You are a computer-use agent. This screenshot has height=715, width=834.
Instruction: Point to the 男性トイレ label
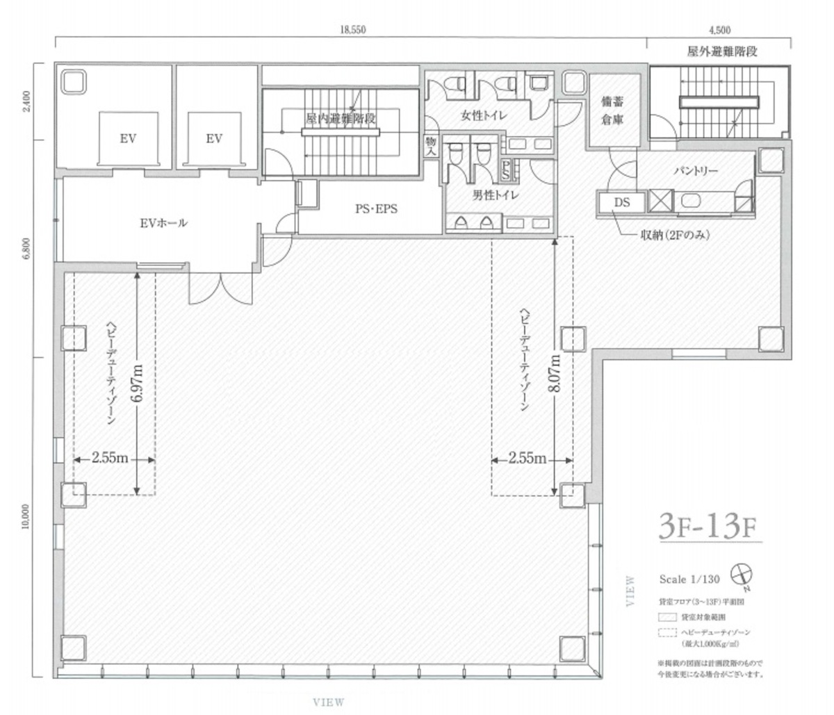click(x=496, y=195)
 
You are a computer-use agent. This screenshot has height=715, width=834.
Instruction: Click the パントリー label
click(x=695, y=170)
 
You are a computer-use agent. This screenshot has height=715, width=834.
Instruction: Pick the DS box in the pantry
click(x=622, y=202)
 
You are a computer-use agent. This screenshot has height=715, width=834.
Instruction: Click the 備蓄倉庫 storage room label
click(x=612, y=110)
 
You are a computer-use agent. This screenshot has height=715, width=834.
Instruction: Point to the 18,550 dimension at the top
click(x=353, y=30)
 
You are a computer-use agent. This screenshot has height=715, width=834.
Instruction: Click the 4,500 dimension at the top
click(x=719, y=30)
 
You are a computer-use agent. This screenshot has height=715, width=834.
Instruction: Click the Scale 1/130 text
click(x=690, y=577)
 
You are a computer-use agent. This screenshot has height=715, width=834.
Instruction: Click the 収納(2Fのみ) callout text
click(x=669, y=235)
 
